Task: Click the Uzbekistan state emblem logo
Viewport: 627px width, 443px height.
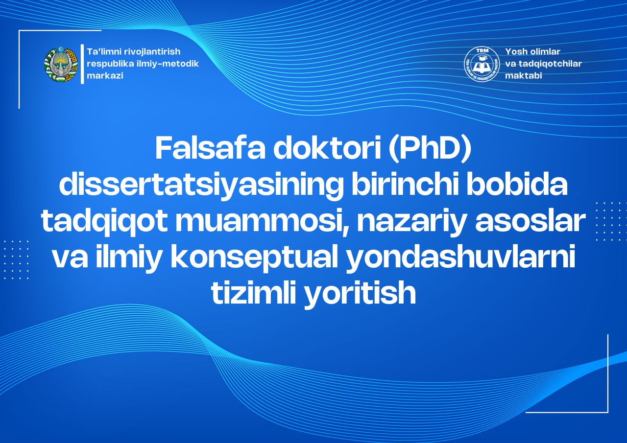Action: (61, 65)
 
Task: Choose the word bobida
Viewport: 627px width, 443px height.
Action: (518, 186)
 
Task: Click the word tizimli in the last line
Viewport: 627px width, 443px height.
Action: (253, 294)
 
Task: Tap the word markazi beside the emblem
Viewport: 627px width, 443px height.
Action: (105, 76)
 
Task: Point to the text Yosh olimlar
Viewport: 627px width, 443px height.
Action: (532, 51)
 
